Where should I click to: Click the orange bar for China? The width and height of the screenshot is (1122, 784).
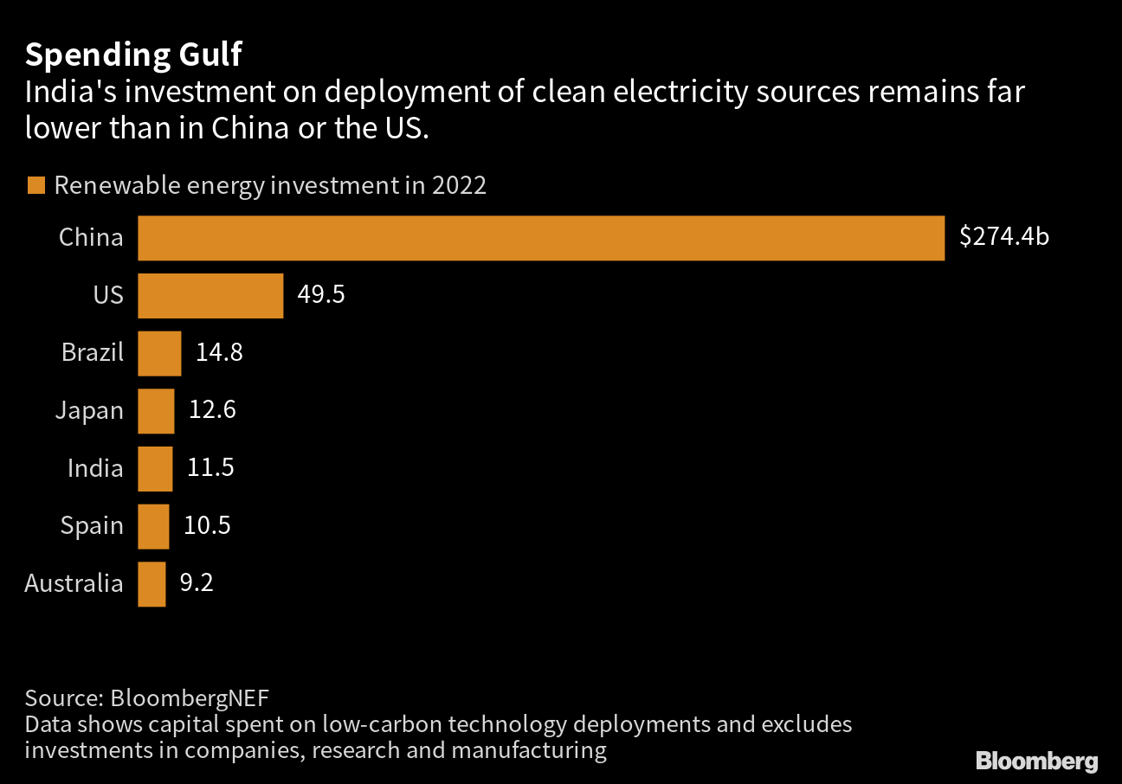click(541, 238)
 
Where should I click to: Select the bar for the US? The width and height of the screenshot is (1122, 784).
click(210, 296)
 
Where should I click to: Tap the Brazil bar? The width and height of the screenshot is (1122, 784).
click(159, 353)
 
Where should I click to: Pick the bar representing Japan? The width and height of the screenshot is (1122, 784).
click(156, 411)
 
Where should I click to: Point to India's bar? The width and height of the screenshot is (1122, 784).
click(155, 468)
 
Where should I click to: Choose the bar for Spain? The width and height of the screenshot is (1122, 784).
click(153, 526)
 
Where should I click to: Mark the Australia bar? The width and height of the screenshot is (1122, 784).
click(152, 584)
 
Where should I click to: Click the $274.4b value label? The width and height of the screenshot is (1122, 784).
click(1003, 237)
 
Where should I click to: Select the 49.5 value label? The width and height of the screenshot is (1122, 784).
click(321, 295)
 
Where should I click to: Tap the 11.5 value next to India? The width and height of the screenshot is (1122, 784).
click(210, 468)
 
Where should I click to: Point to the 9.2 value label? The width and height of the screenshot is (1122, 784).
click(196, 583)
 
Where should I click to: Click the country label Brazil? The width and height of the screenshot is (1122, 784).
click(93, 353)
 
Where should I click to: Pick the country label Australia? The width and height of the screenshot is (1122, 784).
click(74, 584)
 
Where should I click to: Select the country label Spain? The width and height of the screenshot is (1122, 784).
click(92, 526)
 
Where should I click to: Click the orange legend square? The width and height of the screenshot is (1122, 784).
click(35, 186)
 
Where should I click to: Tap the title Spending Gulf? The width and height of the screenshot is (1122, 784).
click(133, 55)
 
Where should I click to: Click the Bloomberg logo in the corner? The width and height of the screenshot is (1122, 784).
click(1036, 762)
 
